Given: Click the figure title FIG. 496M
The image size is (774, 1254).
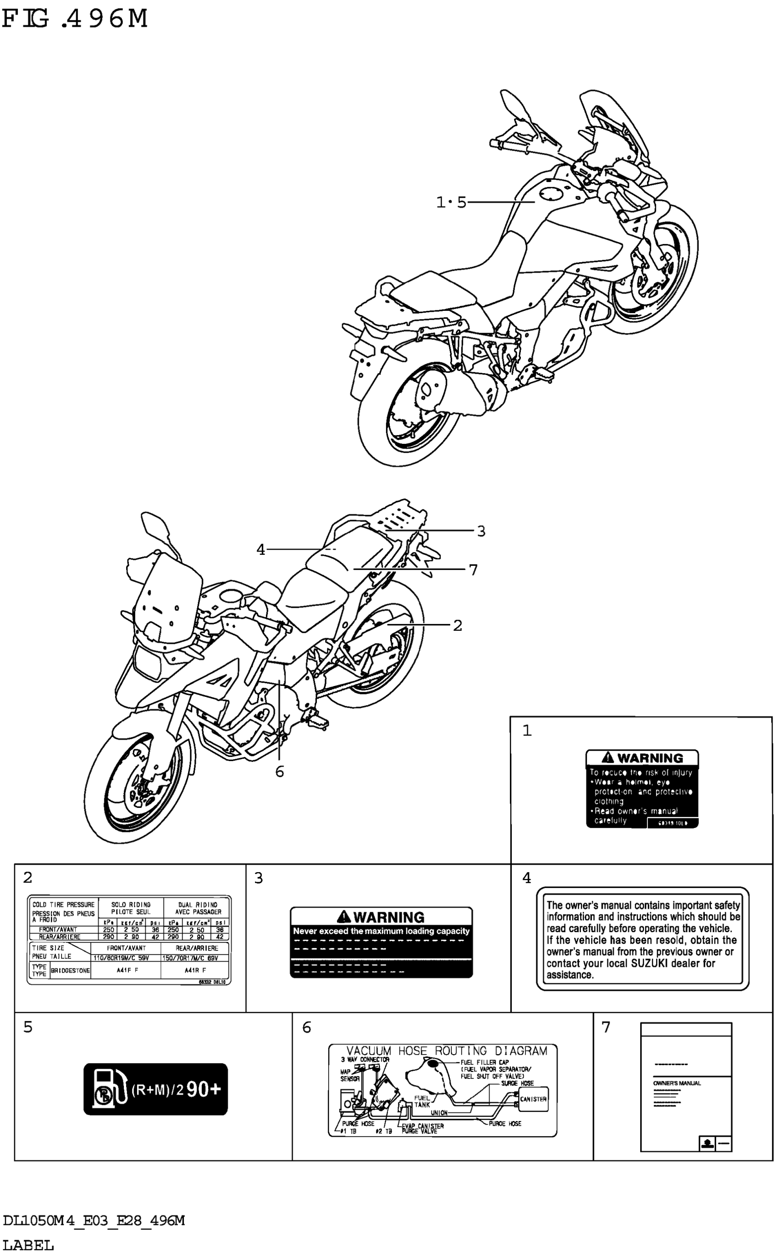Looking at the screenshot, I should (x=75, y=19).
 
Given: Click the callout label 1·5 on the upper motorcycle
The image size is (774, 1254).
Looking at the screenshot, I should (x=451, y=203).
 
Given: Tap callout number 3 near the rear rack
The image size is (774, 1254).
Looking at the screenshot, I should (x=481, y=531).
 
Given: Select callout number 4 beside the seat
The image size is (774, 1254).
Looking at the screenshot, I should (x=260, y=549).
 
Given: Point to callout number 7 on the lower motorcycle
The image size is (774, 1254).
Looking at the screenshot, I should (x=473, y=569).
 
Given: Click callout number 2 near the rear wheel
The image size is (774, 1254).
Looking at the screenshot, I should (x=457, y=625).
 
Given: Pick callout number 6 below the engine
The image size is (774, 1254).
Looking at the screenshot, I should (x=280, y=772).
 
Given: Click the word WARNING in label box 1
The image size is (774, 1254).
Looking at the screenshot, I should (x=650, y=758).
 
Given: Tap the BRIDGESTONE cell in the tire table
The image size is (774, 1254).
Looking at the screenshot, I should (x=70, y=970).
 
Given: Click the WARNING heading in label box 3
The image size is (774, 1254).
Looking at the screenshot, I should (x=388, y=917).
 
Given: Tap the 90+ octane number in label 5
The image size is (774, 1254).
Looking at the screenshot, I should (x=203, y=1090).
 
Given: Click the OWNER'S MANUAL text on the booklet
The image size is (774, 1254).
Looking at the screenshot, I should (x=677, y=1083).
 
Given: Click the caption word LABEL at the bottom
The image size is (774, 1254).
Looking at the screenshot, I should (x=28, y=1245).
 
